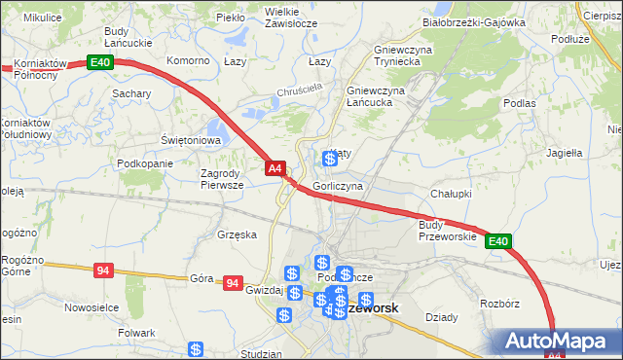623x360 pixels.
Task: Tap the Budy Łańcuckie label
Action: pyautogui.click(x=129, y=37)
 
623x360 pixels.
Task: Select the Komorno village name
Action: pyautogui.click(x=189, y=60)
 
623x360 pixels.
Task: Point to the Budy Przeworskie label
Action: pyautogui.click(x=447, y=231)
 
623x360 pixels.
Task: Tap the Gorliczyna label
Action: pyautogui.click(x=338, y=185)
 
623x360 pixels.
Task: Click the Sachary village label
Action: pyautogui.click(x=130, y=93)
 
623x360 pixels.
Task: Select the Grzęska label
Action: pyautogui.click(x=238, y=234)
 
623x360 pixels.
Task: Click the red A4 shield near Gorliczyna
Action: pyautogui.click(x=275, y=168)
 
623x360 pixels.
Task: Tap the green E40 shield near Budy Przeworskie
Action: pyautogui.click(x=497, y=241)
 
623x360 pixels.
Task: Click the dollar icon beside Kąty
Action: pyautogui.click(x=330, y=159)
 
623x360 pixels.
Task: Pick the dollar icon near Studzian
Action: pyautogui.click(x=196, y=348)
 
